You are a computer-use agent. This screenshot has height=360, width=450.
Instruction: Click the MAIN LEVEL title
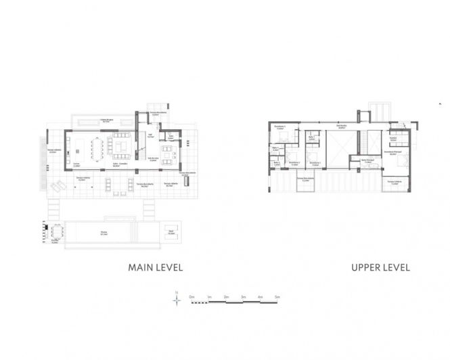coord(155,267)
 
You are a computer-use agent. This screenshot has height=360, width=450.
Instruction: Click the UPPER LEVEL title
coord(381,267)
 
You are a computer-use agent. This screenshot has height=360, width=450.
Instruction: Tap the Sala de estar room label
coord(154,158)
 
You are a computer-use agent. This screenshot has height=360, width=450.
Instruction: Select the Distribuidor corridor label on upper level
coord(342,127)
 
